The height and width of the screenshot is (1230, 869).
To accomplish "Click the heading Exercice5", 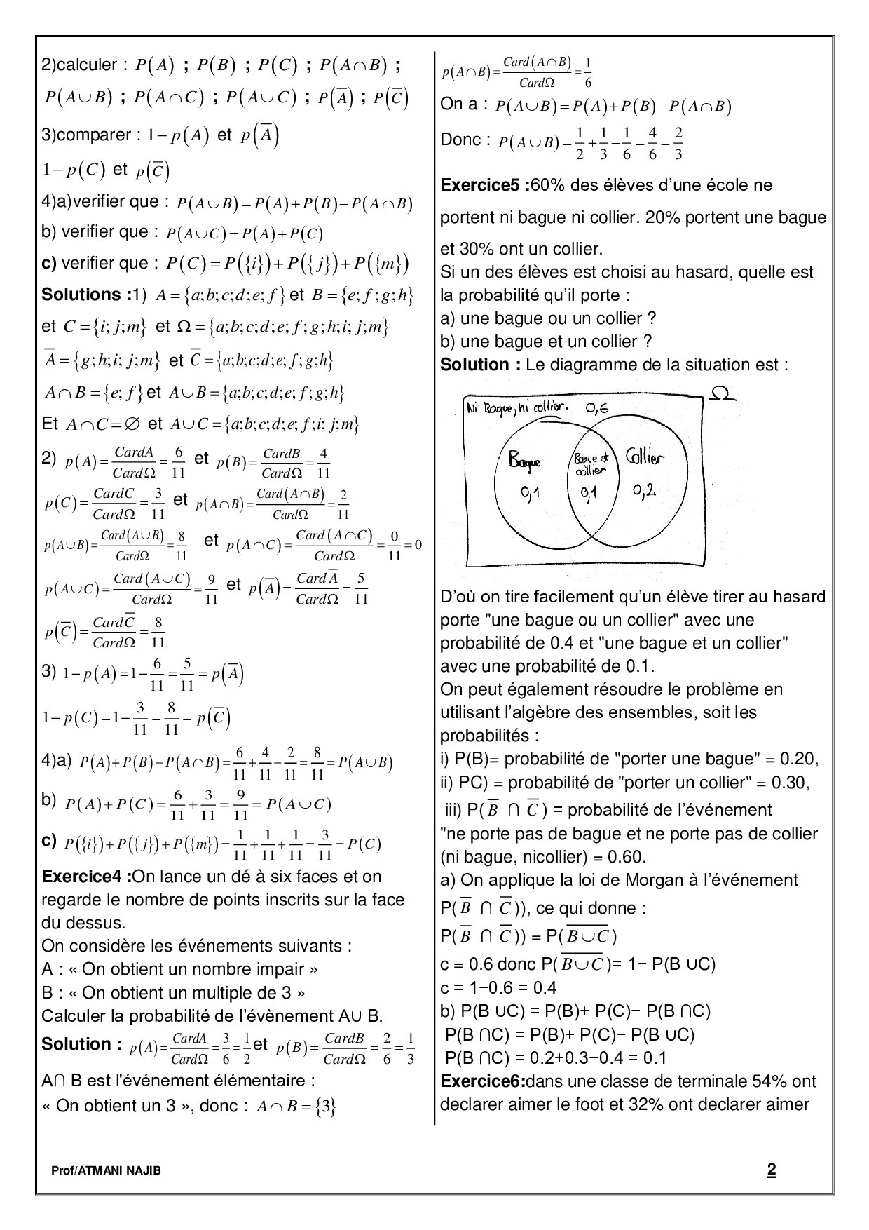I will point(483,186).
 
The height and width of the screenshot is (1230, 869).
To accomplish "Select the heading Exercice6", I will point(483,1081).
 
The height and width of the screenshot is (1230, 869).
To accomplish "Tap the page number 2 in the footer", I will point(772,1170).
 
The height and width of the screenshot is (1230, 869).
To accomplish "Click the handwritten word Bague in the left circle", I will point(525,461).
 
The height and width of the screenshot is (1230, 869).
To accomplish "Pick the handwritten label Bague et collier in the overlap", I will point(590,464).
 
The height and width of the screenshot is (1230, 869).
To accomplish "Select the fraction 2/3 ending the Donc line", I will point(678,143).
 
